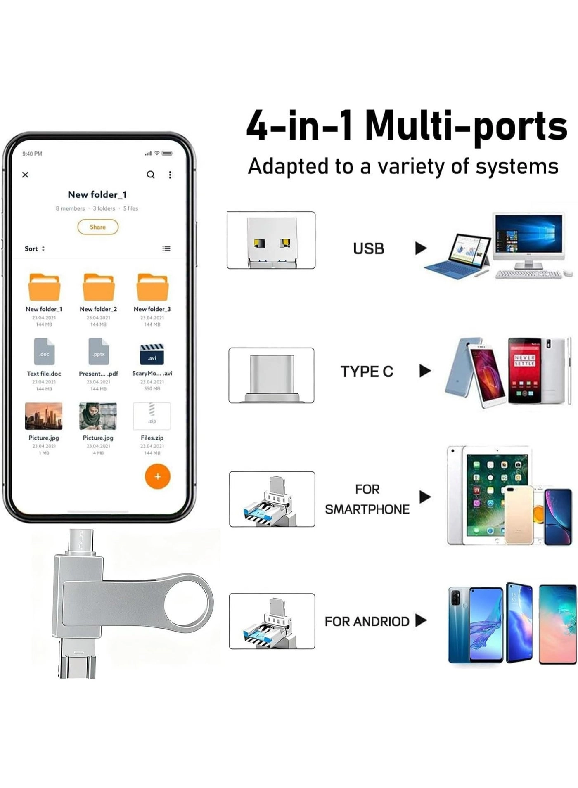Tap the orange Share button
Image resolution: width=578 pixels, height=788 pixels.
pos(98,227)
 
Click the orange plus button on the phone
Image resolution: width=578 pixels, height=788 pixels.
pos(157,476)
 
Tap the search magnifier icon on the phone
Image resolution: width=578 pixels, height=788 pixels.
pos(151,175)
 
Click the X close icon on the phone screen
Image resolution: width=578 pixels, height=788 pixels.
pos(25,175)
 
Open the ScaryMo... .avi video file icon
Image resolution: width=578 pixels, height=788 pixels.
pos(152,354)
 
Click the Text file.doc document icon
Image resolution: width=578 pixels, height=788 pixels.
pos(44,352)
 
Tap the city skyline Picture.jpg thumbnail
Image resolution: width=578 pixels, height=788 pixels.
pos(44,416)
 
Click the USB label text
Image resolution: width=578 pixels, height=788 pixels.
pos(368,249)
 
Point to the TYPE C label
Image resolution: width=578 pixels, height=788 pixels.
pos(367,372)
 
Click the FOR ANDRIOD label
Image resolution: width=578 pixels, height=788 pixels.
pos(367,621)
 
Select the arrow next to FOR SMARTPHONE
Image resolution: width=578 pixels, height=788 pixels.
pos(425,497)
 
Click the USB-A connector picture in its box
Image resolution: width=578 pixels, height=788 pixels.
pos(271,241)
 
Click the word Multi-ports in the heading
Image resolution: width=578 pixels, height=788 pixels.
pos(466,126)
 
